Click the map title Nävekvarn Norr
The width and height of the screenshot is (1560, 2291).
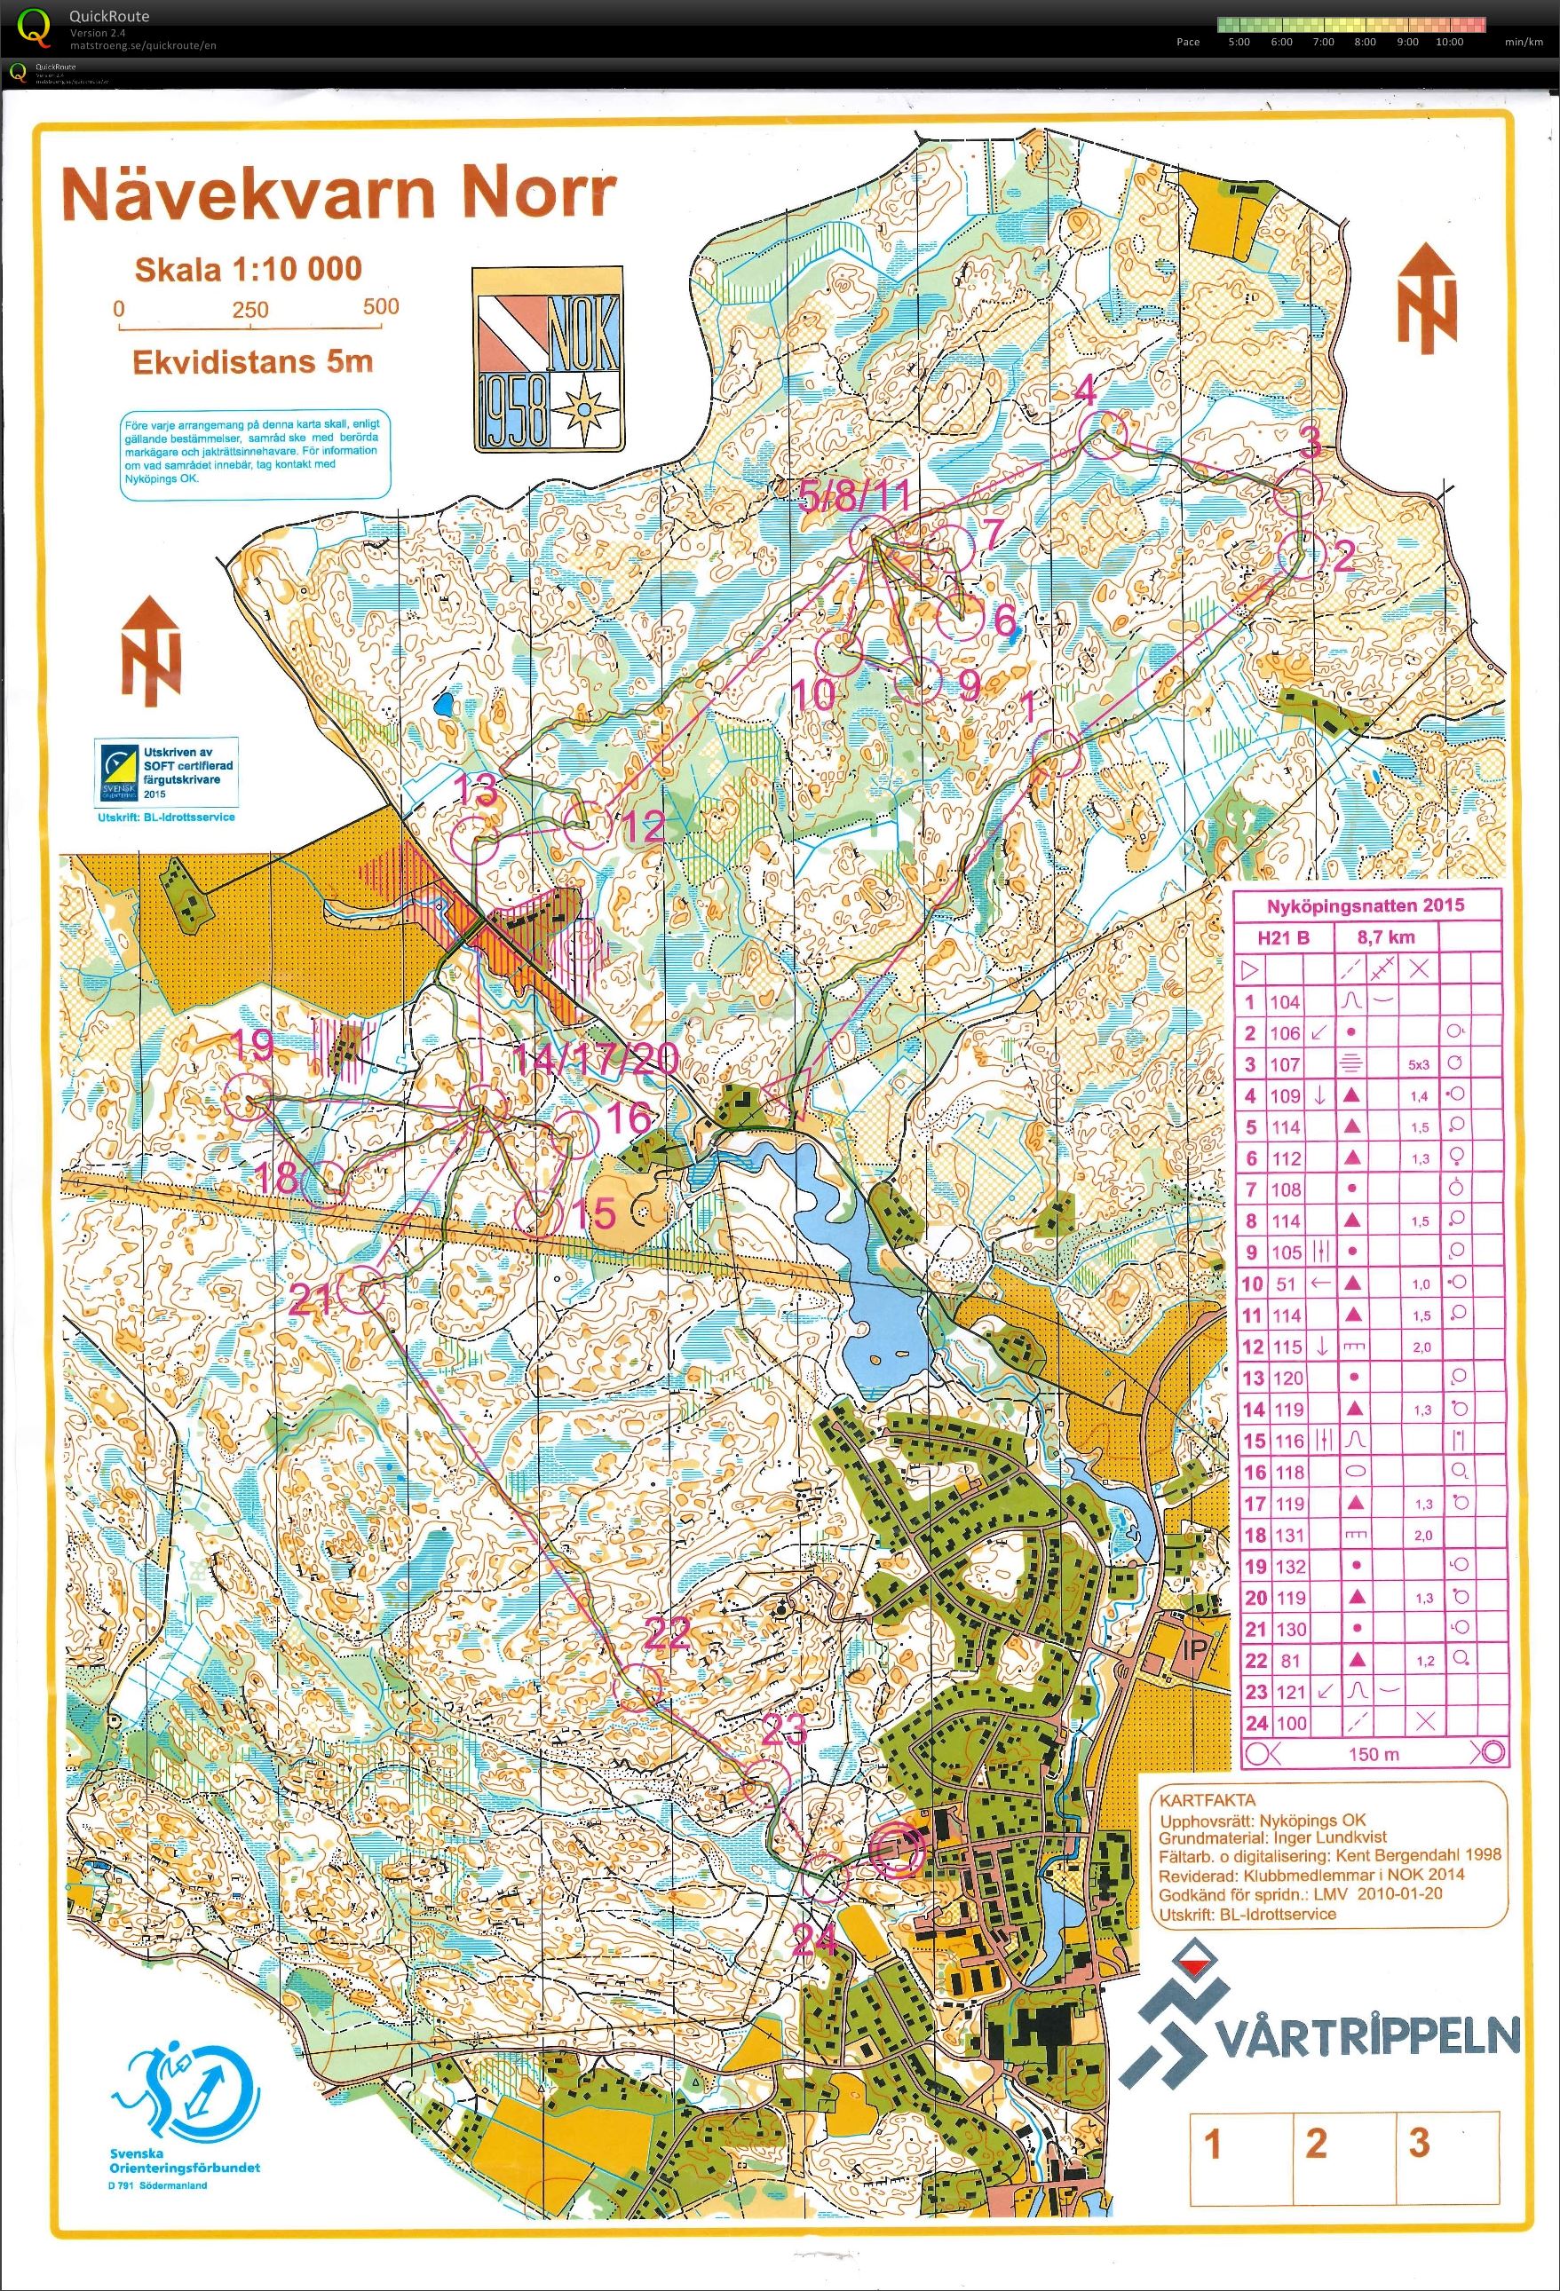(x=338, y=194)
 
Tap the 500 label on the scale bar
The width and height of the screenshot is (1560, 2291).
(x=381, y=306)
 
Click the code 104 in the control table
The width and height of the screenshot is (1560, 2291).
(x=1285, y=1001)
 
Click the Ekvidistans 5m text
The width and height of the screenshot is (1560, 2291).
(x=252, y=362)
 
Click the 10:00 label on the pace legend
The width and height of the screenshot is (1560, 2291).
(x=1449, y=42)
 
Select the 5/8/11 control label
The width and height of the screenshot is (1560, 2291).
(x=854, y=496)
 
